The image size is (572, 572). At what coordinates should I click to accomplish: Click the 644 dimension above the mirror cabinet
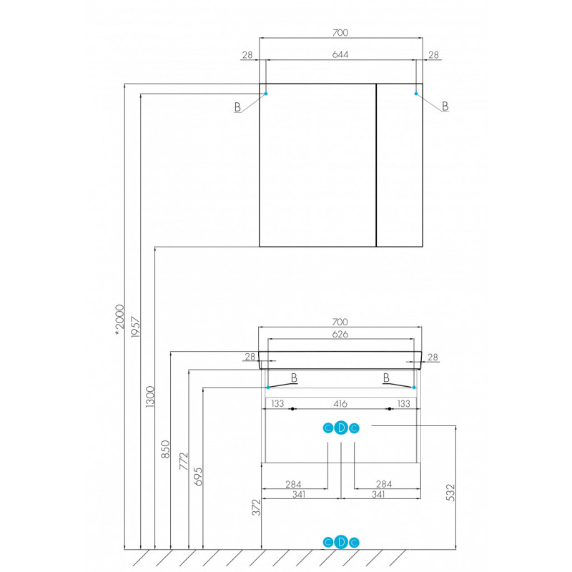tap(340, 55)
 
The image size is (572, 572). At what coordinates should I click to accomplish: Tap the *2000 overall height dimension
tap(119, 320)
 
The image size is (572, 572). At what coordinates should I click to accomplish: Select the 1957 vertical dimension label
tap(136, 327)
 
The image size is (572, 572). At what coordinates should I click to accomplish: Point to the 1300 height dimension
tap(150, 397)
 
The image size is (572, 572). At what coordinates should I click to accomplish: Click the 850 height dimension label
tap(166, 449)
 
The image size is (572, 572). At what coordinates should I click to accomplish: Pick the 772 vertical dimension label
tap(184, 461)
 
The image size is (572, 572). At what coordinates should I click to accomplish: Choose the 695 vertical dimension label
tap(198, 477)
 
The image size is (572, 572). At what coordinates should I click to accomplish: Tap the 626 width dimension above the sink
tap(340, 334)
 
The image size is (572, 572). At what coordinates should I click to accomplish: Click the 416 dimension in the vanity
tap(340, 404)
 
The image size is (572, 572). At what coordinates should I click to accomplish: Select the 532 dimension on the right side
tap(451, 493)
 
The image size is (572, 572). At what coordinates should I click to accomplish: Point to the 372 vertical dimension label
tap(257, 508)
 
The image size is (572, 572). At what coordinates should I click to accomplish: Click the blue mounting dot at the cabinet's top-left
tap(266, 94)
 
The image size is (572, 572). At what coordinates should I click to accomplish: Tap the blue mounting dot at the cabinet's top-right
tap(416, 94)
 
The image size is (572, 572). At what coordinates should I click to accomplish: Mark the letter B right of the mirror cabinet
tap(445, 106)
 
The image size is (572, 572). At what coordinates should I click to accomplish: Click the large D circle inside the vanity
tap(341, 428)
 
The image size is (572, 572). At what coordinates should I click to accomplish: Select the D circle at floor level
tap(341, 543)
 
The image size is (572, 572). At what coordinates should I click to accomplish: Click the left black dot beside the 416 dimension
tap(292, 409)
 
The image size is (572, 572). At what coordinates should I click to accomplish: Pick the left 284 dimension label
tap(293, 484)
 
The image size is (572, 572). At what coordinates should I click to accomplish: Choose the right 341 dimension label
tap(378, 495)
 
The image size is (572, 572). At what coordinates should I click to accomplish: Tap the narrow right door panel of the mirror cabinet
tap(400, 165)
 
